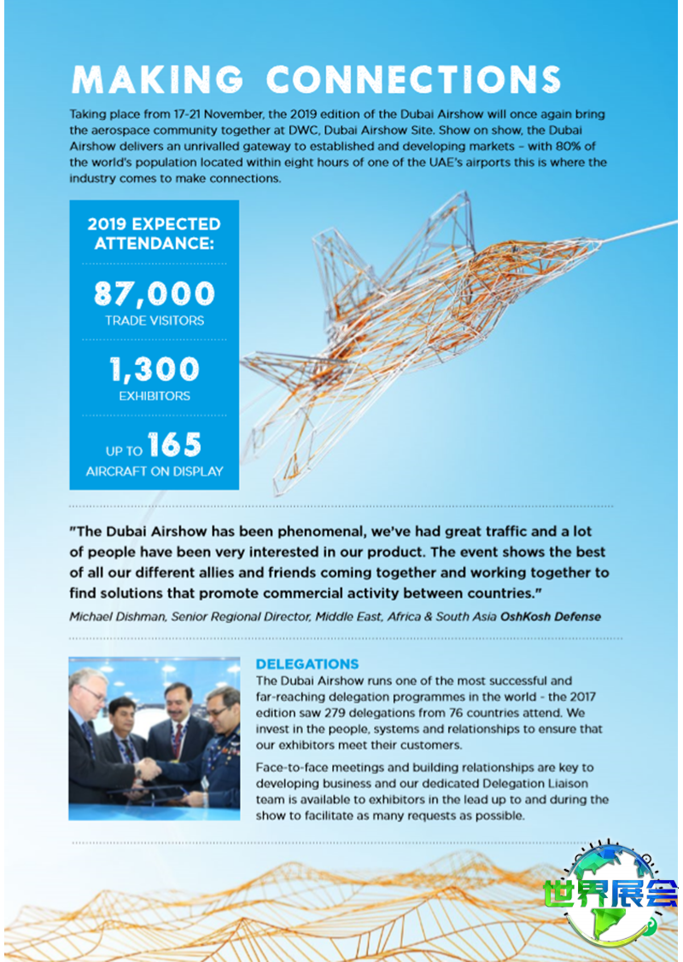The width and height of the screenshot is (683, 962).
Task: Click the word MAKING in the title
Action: pos(158,79)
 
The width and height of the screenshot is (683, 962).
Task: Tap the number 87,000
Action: pos(155,294)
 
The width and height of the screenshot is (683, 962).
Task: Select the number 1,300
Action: pos(155,369)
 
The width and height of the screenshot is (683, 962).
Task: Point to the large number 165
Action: pos(174,445)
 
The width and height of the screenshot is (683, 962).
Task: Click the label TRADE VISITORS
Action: pos(155,322)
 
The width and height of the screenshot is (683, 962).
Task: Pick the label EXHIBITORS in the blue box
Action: pos(155,397)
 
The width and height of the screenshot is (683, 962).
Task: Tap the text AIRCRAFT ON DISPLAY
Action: pos(155,471)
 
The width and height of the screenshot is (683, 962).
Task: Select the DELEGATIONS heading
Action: pos(307,664)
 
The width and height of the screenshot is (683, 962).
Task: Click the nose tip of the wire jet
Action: pos(600,240)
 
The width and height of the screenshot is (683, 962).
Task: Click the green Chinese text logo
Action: pos(611,894)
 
